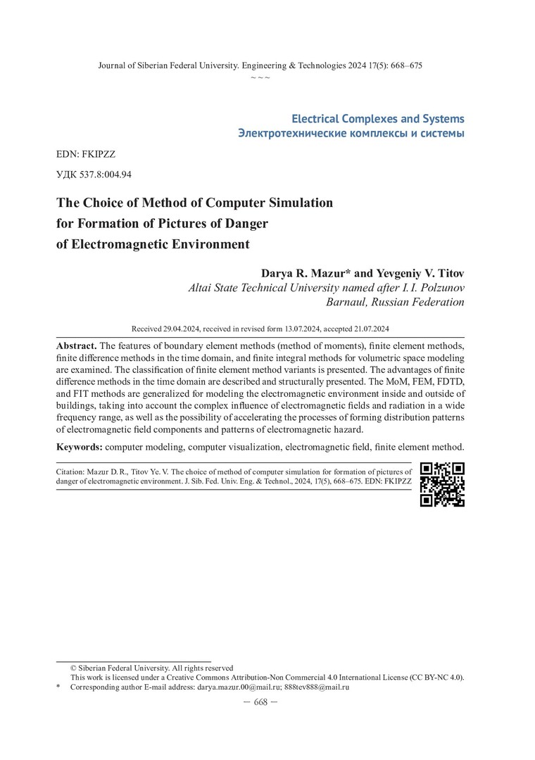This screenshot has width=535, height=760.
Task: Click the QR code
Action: pos(442,483)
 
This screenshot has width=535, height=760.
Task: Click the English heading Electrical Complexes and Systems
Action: pos(378,118)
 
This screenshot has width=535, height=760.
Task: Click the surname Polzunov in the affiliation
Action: pos(438,287)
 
